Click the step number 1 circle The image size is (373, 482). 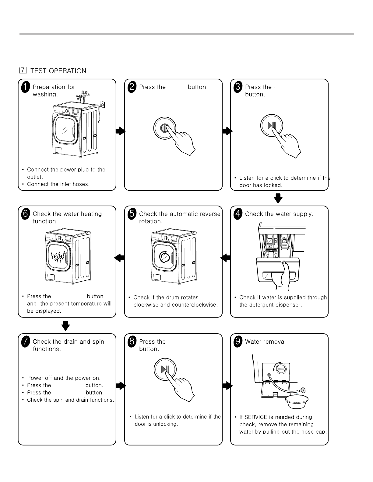pyautogui.click(x=26, y=87)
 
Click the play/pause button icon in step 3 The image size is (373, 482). pyautogui.click(x=272, y=125)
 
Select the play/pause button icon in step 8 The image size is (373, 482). pyautogui.click(x=165, y=369)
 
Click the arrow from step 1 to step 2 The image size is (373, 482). pyautogui.click(x=121, y=131)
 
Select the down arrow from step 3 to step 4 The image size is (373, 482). pyautogui.click(x=278, y=198)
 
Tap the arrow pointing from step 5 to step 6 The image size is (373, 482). pyautogui.click(x=119, y=258)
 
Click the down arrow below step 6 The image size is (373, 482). pyautogui.click(x=66, y=325)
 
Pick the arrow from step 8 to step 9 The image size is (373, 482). pyautogui.click(x=227, y=386)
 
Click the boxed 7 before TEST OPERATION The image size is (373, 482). pyautogui.click(x=23, y=71)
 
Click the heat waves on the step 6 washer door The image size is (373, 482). pyautogui.click(x=58, y=257)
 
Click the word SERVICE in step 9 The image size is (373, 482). pyautogui.click(x=256, y=417)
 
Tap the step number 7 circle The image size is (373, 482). pyautogui.click(x=26, y=342)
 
